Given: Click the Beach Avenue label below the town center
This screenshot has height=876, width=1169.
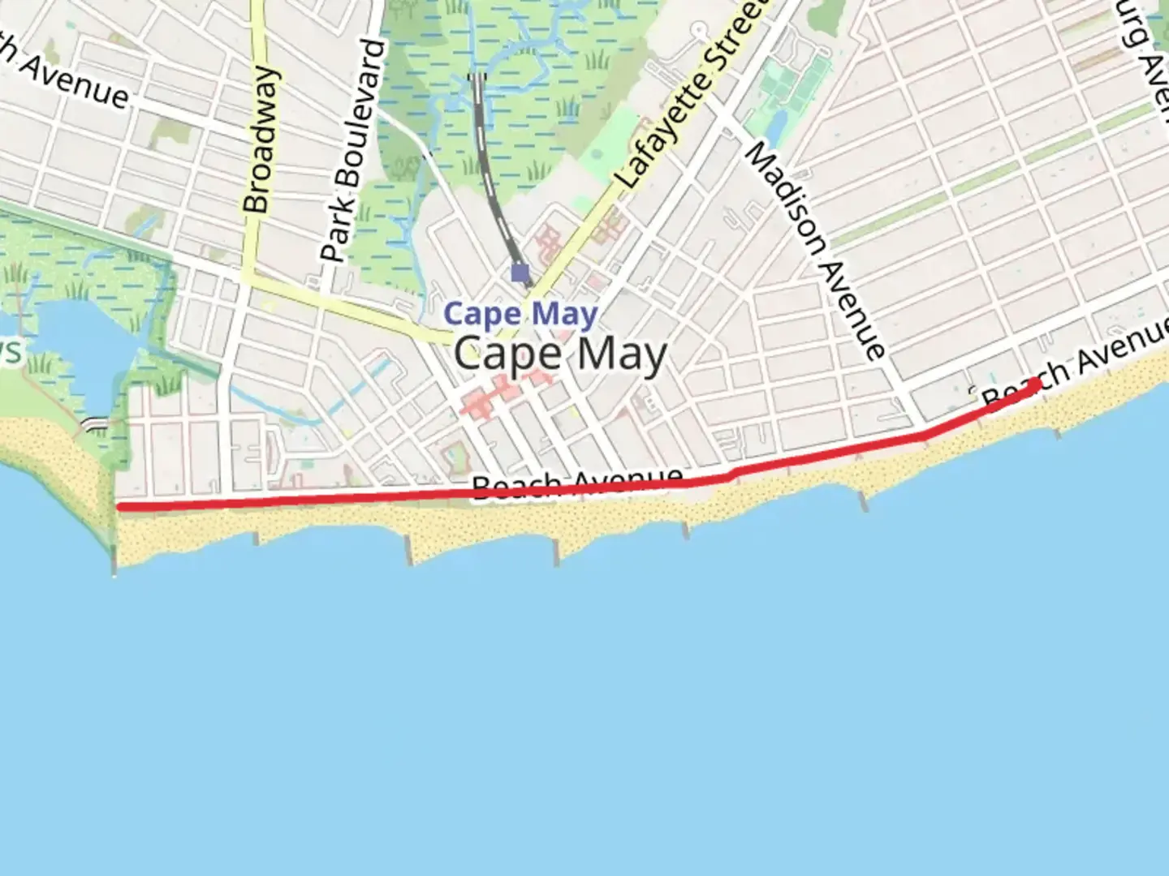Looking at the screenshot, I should (x=577, y=483).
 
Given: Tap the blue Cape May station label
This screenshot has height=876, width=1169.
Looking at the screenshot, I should (x=520, y=314).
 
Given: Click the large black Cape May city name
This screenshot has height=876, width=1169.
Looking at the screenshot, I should (x=560, y=354).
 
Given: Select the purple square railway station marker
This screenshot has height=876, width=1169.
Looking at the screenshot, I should (x=520, y=273).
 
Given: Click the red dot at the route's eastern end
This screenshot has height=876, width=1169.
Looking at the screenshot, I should (x=1034, y=384).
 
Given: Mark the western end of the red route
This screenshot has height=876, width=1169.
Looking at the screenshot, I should (x=120, y=507).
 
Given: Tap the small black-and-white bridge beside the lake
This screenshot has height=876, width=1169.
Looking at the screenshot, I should (x=96, y=423).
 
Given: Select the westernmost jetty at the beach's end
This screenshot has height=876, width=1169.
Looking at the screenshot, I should (x=114, y=560).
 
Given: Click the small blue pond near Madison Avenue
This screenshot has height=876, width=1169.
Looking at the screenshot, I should (x=776, y=126).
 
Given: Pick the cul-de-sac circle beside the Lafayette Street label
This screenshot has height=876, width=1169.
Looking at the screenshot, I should (x=699, y=30).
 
